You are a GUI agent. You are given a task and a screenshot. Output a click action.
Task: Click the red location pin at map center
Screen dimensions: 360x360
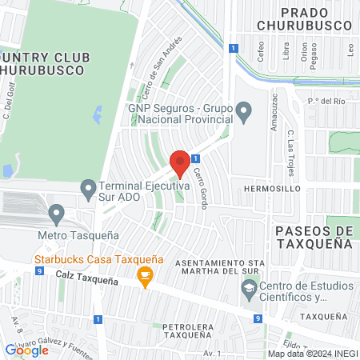coord(180,162)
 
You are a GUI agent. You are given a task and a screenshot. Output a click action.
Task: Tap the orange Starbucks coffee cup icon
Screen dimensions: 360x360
coord(145,277)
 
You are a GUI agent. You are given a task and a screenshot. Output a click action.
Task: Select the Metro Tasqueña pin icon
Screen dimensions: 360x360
coord(56,214)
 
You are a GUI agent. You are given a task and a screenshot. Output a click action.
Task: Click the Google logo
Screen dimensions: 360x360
coord(27,350)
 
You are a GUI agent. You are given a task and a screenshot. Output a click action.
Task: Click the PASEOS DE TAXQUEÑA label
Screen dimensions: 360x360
coord(313,238)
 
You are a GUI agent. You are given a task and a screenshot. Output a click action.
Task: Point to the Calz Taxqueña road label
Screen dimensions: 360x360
coord(86,280)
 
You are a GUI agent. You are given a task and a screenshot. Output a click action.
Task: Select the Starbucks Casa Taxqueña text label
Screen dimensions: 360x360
coord(98,259)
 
